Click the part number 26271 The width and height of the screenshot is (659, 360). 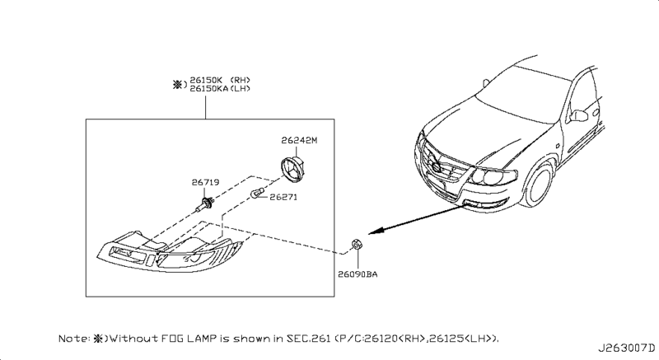(x=283, y=198)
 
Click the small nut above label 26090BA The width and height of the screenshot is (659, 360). (x=356, y=244)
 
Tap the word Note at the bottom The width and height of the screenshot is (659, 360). (x=72, y=339)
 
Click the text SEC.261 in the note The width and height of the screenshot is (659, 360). (x=325, y=339)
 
